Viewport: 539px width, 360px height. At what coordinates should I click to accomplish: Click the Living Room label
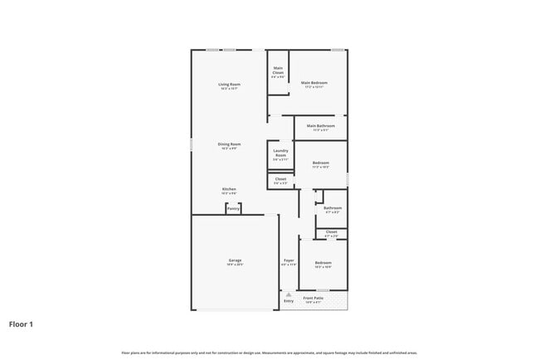[229, 85]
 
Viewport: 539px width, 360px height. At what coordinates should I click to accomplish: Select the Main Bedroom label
[314, 84]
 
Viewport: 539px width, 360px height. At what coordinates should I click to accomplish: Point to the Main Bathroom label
[321, 127]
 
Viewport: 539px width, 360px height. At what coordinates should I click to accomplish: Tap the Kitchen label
[229, 190]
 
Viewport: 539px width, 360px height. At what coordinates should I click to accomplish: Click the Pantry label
[233, 209]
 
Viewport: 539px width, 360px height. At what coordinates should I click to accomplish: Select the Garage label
[235, 261]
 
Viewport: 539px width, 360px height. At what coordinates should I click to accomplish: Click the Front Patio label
[313, 298]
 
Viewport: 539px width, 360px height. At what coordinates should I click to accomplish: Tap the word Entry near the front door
[289, 301]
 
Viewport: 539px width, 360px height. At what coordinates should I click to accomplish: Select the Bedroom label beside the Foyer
[323, 265]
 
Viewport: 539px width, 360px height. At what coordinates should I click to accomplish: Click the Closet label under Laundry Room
[280, 180]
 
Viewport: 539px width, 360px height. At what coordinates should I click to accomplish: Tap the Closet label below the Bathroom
[331, 233]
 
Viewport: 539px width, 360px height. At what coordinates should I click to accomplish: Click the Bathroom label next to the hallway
[332, 209]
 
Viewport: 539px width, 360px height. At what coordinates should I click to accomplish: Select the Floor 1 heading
[21, 324]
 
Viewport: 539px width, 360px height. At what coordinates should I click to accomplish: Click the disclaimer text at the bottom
[269, 353]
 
